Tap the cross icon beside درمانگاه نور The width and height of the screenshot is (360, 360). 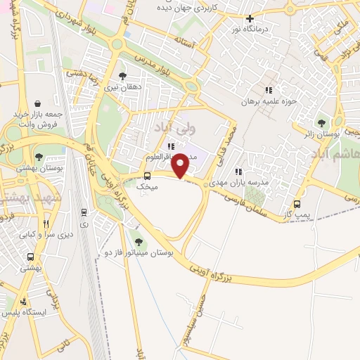click(250, 19)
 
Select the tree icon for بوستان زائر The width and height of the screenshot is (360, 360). click(322, 122)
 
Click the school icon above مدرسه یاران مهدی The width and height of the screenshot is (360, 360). click(239, 171)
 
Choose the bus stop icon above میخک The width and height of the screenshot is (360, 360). click(147, 176)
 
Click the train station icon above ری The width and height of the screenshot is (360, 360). click(84, 211)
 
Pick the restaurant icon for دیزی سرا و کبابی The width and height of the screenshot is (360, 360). click(46, 224)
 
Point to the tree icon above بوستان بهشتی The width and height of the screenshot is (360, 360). click(38, 157)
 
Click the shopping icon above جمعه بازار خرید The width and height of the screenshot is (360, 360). click(46, 102)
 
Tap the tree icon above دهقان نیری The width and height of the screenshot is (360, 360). click(122, 76)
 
